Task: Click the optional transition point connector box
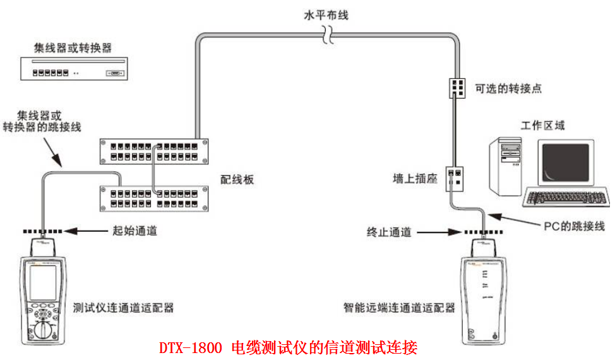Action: [x=457, y=87]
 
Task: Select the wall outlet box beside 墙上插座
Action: [x=455, y=178]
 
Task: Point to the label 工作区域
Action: [x=542, y=125]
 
